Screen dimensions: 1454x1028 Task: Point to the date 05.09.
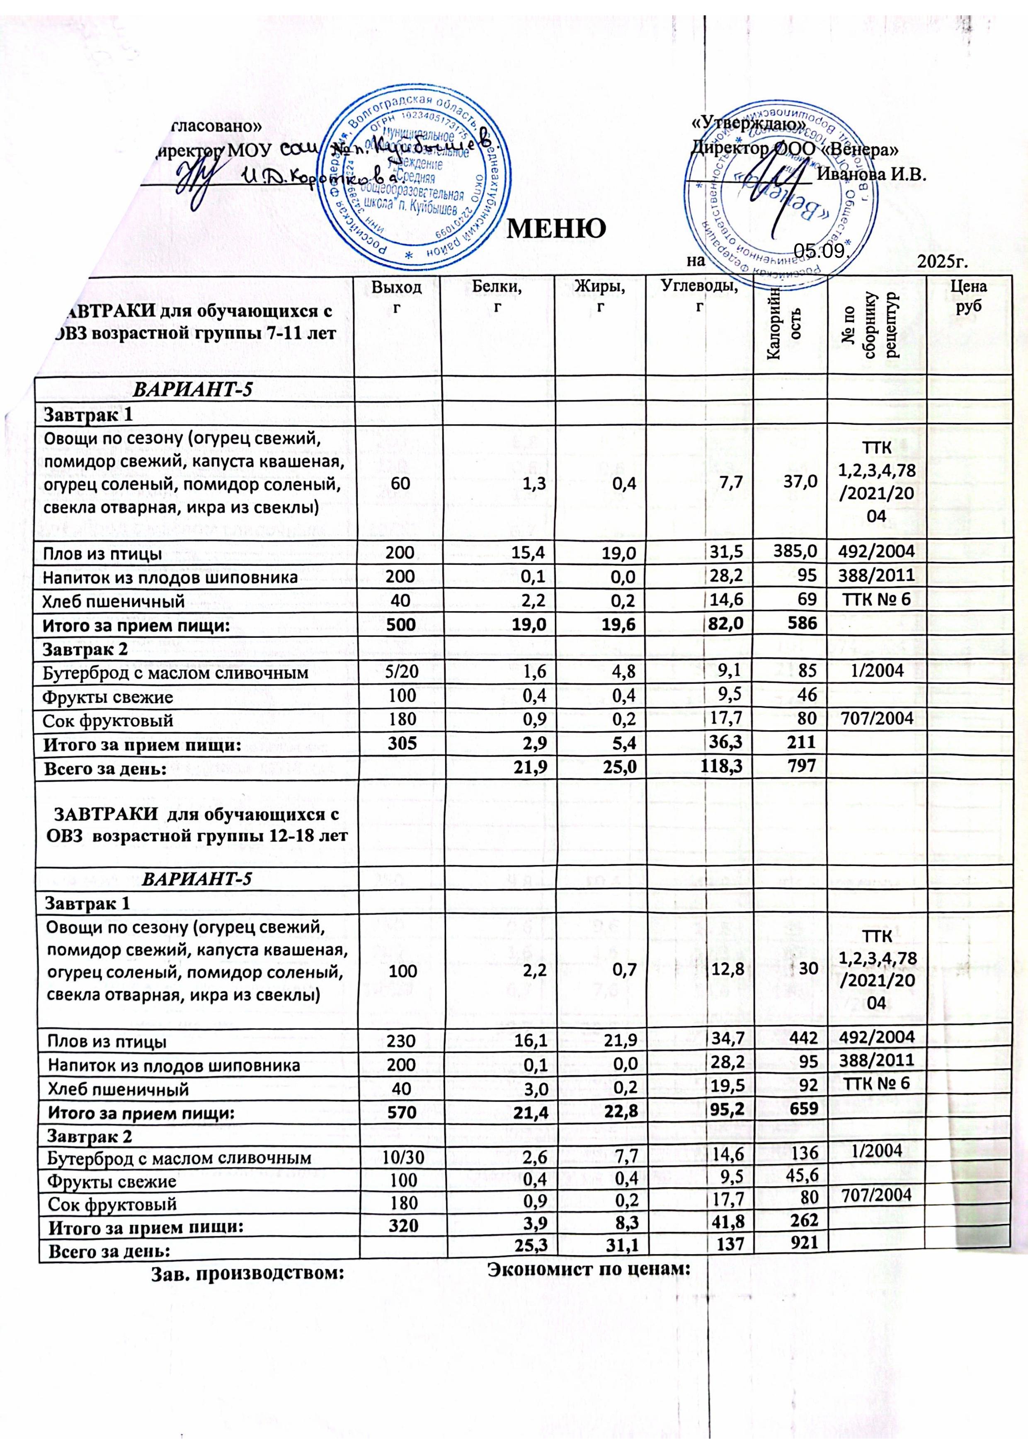click(821, 252)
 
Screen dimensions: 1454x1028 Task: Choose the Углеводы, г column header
click(699, 296)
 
